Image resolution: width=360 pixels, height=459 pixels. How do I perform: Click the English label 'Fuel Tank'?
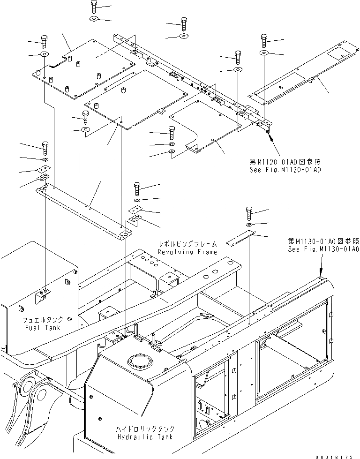43,328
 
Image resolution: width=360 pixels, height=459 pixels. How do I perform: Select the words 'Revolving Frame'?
187,252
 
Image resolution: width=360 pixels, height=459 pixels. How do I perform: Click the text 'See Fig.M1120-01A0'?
285,169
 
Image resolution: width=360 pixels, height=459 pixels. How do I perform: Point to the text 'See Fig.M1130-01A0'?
323,249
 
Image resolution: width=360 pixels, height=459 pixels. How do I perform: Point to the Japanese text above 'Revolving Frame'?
187,244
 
